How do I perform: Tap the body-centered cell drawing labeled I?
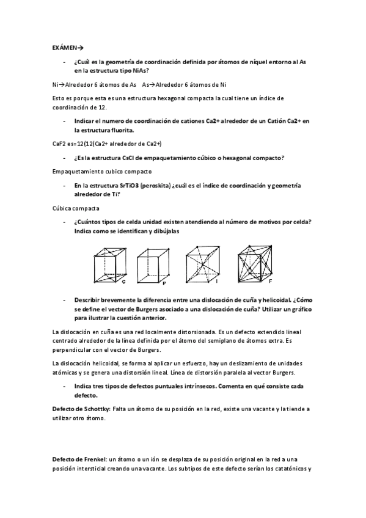[x=202, y=263]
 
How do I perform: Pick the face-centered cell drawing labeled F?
[x=255, y=263]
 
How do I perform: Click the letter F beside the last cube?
[x=271, y=282]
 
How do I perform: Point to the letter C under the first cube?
[x=124, y=282]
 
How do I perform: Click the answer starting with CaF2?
[x=107, y=144]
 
